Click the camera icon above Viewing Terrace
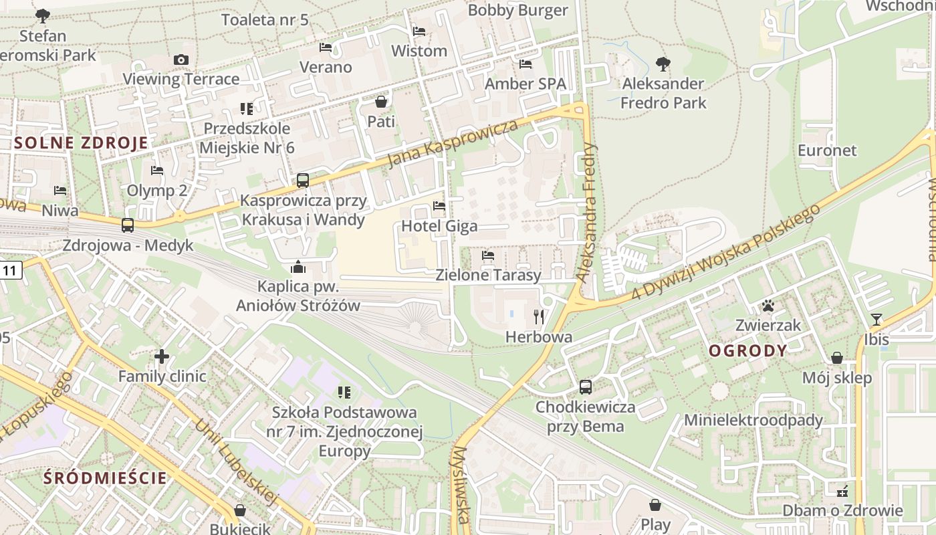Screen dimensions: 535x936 [181, 60]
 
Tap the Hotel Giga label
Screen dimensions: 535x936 [449, 226]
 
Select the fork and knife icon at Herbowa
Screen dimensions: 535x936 [539, 317]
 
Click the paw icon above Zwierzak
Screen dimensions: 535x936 [768, 306]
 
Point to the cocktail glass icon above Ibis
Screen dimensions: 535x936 [876, 320]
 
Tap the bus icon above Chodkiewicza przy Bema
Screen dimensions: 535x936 [585, 387]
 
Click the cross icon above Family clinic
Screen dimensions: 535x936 [162, 356]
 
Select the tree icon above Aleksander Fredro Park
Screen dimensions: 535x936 [663, 64]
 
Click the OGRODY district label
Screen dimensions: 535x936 [747, 351]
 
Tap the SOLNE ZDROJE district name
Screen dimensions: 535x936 [81, 142]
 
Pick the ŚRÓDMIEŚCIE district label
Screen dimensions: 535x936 [105, 478]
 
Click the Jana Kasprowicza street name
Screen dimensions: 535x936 [453, 144]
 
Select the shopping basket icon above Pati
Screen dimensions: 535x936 [381, 102]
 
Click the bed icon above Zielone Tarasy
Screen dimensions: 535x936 [488, 255]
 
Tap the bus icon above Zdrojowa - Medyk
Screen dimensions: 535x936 [128, 225]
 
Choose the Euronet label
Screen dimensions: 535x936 [827, 150]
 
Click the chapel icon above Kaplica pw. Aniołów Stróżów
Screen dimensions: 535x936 [298, 267]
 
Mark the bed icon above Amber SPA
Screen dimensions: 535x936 [525, 64]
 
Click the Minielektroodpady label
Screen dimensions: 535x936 [753, 421]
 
